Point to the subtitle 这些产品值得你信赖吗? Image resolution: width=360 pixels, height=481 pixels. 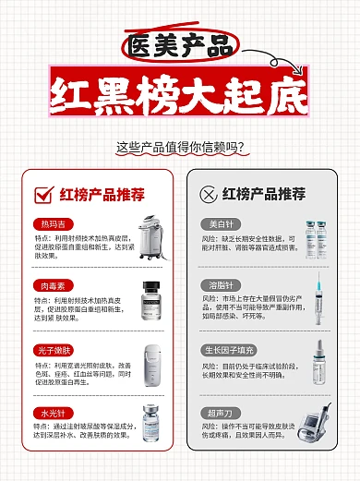[x=181, y=146]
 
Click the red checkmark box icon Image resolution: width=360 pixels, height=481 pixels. [x=42, y=194]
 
